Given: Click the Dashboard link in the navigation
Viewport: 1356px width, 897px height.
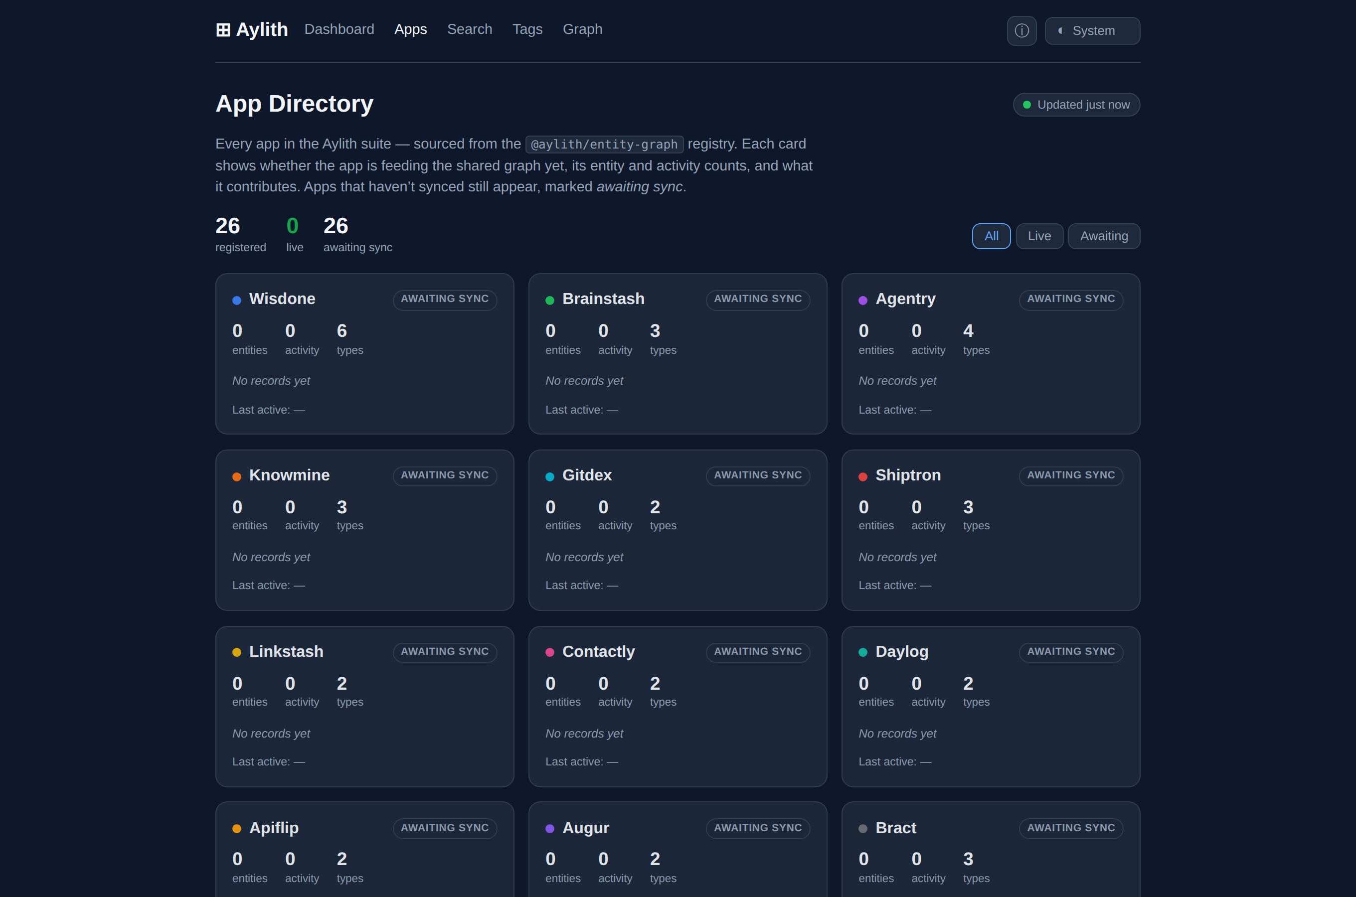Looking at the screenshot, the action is point(339,29).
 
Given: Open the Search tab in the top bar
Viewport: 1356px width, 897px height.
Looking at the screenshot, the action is point(470,29).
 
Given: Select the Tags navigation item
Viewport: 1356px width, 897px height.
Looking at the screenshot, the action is point(527,29).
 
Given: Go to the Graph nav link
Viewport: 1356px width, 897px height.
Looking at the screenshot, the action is point(582,29).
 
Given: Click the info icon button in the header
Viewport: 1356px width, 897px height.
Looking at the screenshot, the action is point(1022,31).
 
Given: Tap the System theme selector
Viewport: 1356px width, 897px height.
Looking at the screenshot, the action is point(1092,31).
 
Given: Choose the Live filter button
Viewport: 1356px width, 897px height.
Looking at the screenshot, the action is point(1039,236).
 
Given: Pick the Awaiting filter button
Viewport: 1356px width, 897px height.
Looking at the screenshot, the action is point(1104,236).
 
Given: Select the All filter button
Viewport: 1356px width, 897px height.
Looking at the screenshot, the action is point(991,236).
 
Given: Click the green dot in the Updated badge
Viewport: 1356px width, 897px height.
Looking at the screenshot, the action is point(1027,105).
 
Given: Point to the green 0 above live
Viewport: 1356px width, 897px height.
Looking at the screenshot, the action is point(292,226).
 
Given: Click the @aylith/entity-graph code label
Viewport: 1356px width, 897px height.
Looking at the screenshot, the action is point(604,144).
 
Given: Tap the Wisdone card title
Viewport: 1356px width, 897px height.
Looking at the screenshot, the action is point(282,299).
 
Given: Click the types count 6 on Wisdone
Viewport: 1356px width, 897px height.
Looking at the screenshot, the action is point(341,331).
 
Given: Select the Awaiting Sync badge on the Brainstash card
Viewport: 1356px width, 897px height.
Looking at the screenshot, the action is point(758,299).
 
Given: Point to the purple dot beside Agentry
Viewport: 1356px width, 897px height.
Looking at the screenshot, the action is point(863,300).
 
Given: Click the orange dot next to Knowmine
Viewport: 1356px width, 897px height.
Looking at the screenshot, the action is point(237,476).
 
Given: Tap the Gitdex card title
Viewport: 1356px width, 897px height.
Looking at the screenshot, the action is point(587,475).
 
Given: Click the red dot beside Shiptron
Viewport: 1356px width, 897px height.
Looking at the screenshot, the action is point(863,476).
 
